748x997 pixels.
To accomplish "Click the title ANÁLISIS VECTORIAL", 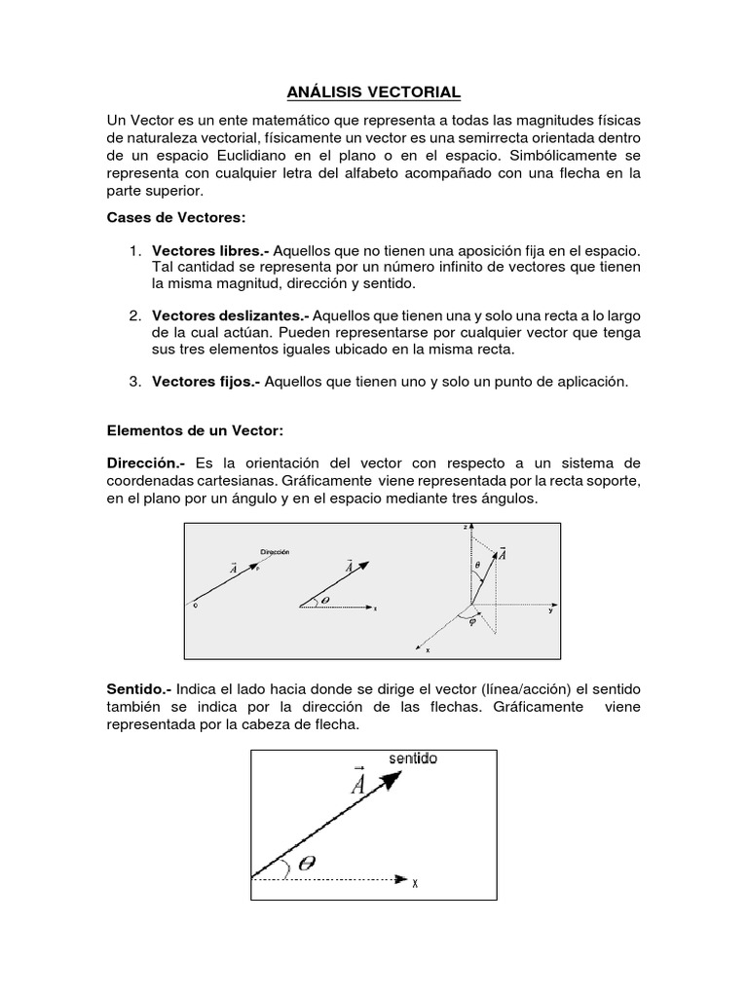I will click(x=373, y=93).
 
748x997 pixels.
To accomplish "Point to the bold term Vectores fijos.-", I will click(x=206, y=383).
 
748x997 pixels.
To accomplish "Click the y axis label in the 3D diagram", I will click(x=550, y=611).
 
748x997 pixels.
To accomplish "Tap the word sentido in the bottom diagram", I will click(x=413, y=757).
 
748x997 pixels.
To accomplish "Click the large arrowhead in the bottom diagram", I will click(x=390, y=782).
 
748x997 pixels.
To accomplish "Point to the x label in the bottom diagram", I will click(x=415, y=883).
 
